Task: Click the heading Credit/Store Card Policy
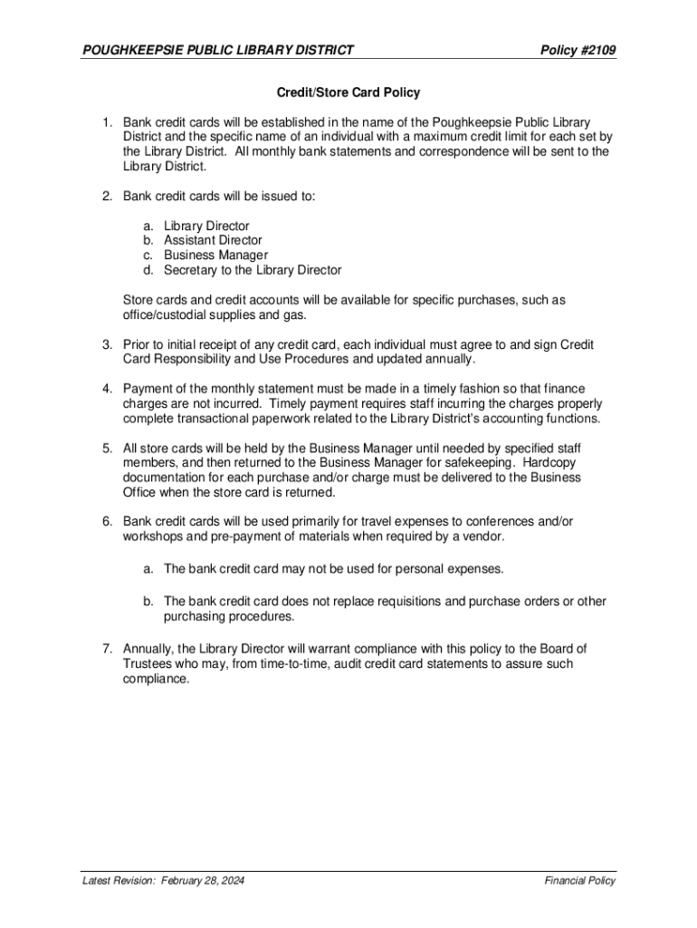(348, 92)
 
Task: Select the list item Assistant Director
(213, 240)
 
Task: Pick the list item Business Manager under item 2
(215, 255)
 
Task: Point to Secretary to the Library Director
(253, 270)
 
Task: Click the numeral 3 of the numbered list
(105, 344)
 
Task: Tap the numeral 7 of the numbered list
(105, 648)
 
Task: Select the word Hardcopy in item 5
(557, 463)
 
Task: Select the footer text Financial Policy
(580, 881)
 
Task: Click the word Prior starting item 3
(137, 344)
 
